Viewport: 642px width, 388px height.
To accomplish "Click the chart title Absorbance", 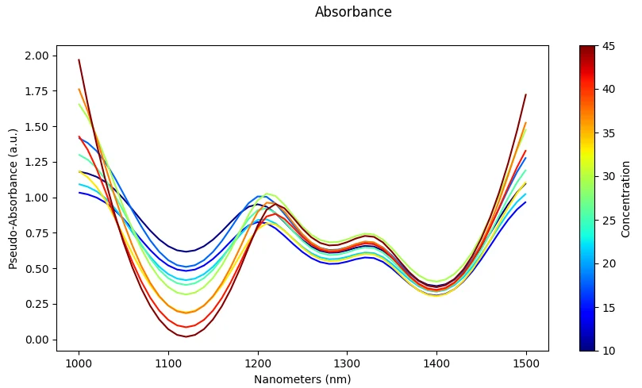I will pos(353,12).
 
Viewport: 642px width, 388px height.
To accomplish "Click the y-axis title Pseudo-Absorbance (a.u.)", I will pos(13,198).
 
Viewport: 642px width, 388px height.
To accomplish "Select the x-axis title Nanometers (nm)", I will pos(302,379).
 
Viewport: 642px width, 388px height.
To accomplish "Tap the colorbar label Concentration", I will pos(626,198).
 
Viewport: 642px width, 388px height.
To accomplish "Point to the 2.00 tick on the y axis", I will pos(37,56).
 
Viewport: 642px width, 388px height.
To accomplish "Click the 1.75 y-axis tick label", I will pos(37,91).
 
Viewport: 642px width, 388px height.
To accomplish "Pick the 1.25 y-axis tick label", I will pos(37,163).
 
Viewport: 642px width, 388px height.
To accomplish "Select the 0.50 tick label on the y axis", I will pos(37,269).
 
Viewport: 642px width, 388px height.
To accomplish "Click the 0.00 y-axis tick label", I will pos(37,340).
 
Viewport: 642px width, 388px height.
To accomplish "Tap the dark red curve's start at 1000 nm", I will pos(79,60).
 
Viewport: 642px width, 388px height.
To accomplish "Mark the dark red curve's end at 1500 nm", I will pos(526,94).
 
